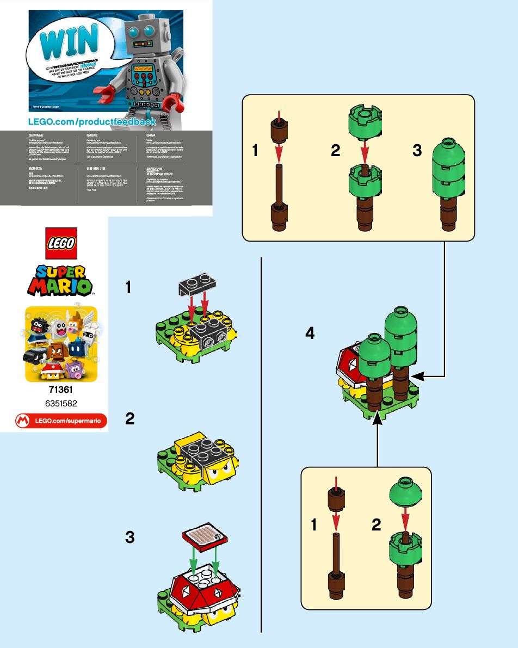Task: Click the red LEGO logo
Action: point(61,242)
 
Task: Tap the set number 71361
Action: point(61,390)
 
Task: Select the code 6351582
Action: point(61,404)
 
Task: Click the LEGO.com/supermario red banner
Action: point(61,421)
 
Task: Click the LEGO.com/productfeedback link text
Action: point(92,121)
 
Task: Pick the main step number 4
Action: point(310,333)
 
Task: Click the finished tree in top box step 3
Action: point(448,185)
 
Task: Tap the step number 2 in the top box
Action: point(336,151)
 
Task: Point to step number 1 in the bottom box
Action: point(314,525)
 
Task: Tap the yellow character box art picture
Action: point(61,344)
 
